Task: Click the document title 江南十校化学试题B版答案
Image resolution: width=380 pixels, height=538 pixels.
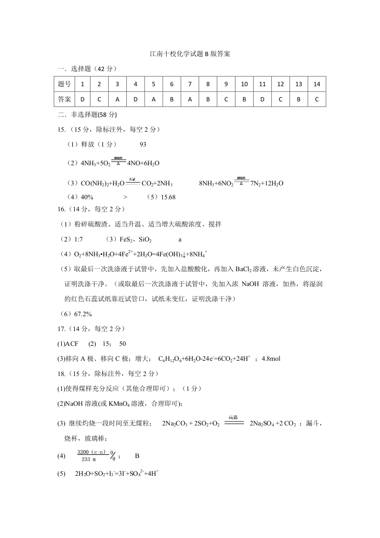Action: [190, 54]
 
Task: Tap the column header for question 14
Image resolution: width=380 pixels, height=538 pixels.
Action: [316, 84]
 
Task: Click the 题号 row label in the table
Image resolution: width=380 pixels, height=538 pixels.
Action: [65, 84]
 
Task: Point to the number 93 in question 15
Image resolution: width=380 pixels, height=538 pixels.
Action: [143, 144]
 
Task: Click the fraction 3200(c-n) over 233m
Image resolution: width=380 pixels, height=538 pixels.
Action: [93, 456]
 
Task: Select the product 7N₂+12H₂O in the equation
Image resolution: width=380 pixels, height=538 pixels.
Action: [267, 183]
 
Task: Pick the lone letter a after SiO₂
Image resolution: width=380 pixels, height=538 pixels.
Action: [180, 239]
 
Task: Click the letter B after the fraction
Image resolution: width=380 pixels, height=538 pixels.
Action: [137, 456]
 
